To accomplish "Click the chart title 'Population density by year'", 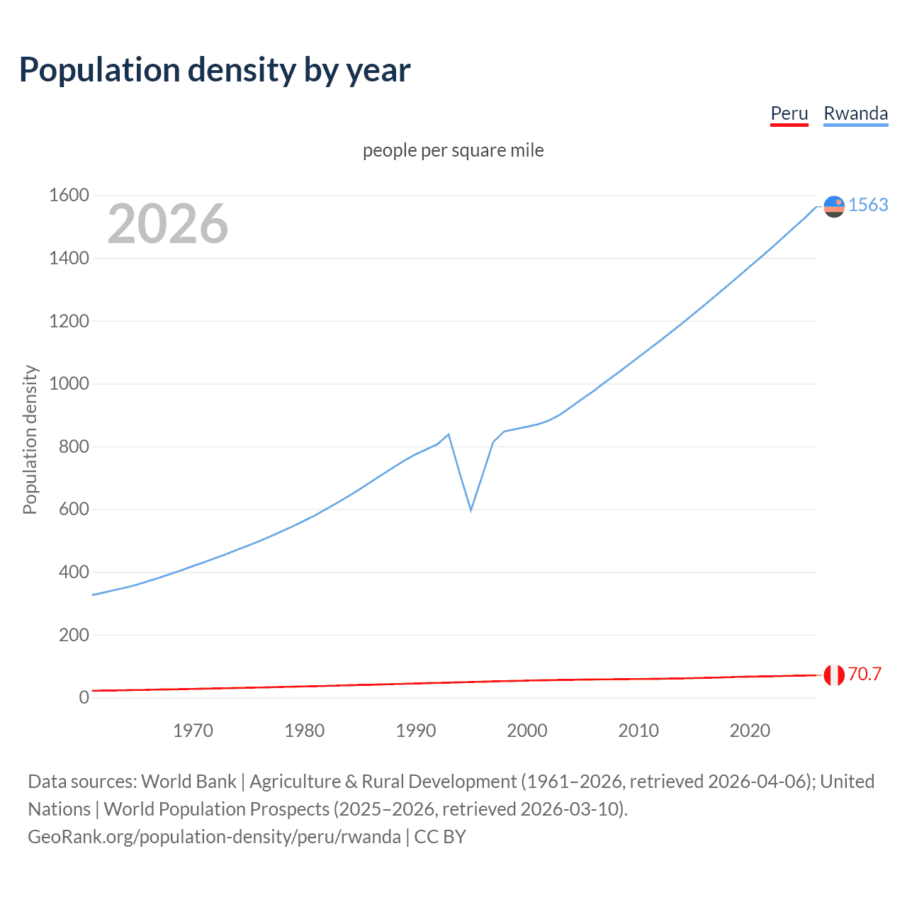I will [x=215, y=70].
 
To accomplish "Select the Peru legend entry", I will [x=789, y=113].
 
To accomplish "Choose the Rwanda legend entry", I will [x=855, y=113].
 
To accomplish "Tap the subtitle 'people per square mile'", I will [x=453, y=150].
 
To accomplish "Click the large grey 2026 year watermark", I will [x=168, y=224].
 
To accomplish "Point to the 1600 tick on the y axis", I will [x=69, y=195].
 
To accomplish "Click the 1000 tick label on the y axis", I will [x=69, y=383].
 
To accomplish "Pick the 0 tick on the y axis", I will [x=84, y=697].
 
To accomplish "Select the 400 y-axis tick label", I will [x=74, y=572].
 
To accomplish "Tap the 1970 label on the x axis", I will [x=193, y=731].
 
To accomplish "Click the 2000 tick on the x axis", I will [x=526, y=731].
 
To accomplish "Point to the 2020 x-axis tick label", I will [x=750, y=731].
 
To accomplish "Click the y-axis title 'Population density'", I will [x=30, y=439].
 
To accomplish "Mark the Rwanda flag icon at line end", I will [x=834, y=206].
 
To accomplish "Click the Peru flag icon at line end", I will [x=834, y=675].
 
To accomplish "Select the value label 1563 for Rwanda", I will [x=868, y=205].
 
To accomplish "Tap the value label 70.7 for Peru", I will [x=864, y=674].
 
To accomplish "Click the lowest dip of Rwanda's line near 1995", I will [x=471, y=509].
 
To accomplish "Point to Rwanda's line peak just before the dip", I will [x=449, y=434].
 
